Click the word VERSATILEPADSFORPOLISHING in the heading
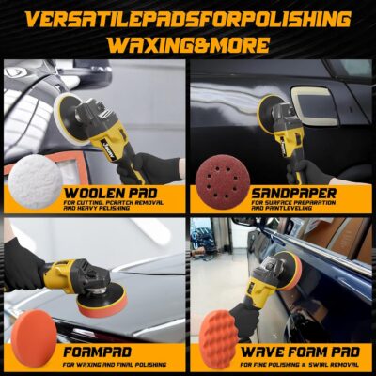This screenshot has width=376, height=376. click(x=188, y=20)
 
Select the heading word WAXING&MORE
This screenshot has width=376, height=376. click(x=188, y=45)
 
